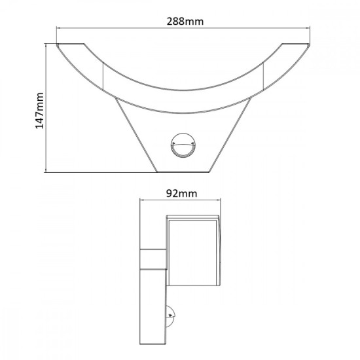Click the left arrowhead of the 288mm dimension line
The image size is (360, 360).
[59, 28]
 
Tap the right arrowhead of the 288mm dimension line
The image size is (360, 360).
[308, 28]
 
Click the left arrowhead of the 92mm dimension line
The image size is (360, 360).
[143, 202]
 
